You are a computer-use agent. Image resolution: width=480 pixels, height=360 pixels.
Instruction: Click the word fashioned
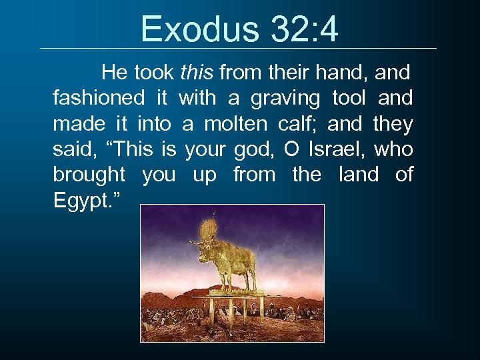[99, 98]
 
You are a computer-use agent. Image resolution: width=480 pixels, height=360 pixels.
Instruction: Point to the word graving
[285, 98]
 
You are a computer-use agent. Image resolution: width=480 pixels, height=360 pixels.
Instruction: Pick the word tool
[348, 98]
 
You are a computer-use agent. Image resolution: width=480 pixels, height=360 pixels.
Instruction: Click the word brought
[89, 175]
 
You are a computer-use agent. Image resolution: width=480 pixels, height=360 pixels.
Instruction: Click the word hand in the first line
[347, 72]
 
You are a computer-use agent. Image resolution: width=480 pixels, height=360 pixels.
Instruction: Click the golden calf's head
[201, 249]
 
